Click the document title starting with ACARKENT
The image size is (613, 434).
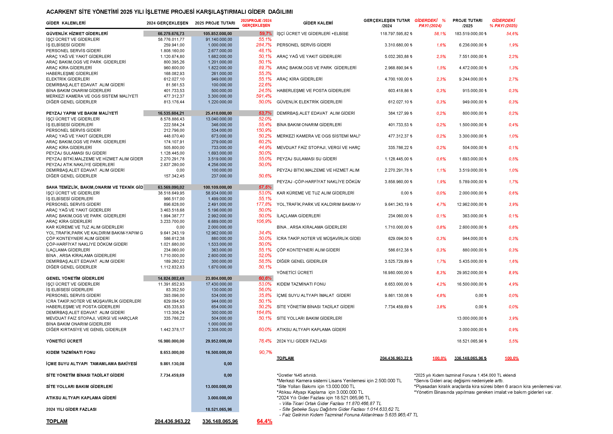[169, 12]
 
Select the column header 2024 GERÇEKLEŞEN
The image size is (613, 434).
[167, 23]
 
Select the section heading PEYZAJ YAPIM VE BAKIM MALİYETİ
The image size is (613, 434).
[82, 113]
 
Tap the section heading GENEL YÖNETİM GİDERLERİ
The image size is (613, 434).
[75, 278]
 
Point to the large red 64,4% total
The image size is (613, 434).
[264, 421]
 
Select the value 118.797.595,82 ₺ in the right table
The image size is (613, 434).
[396, 34]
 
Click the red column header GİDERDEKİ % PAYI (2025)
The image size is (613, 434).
[503, 23]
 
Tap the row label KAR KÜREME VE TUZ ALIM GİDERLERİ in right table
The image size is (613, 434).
[315, 193]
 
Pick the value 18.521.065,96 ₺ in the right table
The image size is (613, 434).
[472, 341]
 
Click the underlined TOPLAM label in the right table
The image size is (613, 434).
[285, 358]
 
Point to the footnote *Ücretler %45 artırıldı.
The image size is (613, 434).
[297, 375]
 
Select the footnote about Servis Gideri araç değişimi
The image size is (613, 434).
[459, 381]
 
